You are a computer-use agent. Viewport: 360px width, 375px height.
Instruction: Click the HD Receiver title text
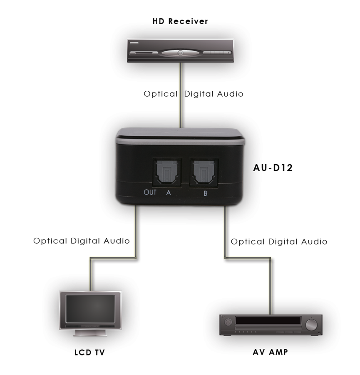pyautogui.click(x=180, y=21)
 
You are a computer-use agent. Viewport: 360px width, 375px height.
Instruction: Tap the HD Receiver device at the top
pyautogui.click(x=180, y=51)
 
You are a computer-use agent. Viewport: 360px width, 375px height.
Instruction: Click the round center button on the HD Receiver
pyautogui.click(x=180, y=53)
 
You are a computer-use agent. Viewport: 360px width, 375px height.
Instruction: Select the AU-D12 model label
pyautogui.click(x=273, y=168)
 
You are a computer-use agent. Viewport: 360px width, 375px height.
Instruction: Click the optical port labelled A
pyautogui.click(x=167, y=172)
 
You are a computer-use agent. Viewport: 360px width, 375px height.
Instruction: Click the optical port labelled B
pyautogui.click(x=204, y=172)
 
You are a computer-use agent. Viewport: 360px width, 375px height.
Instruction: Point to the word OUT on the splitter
pyautogui.click(x=150, y=192)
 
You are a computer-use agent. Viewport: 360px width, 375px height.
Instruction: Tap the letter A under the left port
pyautogui.click(x=169, y=192)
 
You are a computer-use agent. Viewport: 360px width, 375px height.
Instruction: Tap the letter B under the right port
pyautogui.click(x=206, y=193)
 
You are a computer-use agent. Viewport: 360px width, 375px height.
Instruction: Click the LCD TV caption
pyautogui.click(x=89, y=352)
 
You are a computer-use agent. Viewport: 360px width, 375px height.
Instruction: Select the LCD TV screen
pyautogui.click(x=90, y=308)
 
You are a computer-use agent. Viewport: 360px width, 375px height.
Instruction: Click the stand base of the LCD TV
pyautogui.click(x=90, y=333)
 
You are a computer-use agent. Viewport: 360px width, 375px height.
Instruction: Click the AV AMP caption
pyautogui.click(x=270, y=352)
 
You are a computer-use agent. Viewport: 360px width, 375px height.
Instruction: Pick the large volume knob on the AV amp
pyautogui.click(x=311, y=325)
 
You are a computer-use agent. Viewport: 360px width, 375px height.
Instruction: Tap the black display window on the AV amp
pyautogui.click(x=268, y=321)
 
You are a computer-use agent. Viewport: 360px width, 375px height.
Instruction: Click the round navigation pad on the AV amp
pyautogui.click(x=228, y=322)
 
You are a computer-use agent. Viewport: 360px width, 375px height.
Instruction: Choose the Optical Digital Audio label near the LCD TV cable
pyautogui.click(x=82, y=241)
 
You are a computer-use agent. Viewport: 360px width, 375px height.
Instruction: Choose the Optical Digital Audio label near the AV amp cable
pyautogui.click(x=279, y=242)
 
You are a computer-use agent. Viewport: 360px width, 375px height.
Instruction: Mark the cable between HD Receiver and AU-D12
pyautogui.click(x=181, y=95)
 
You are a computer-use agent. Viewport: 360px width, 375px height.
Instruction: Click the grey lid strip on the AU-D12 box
pyautogui.click(x=180, y=141)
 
